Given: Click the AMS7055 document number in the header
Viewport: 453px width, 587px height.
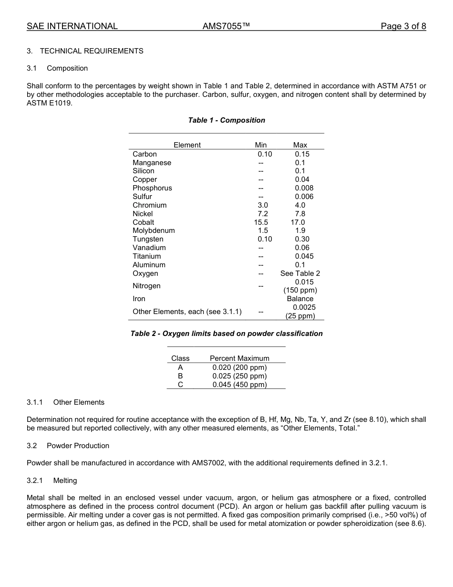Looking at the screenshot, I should [x=226, y=26].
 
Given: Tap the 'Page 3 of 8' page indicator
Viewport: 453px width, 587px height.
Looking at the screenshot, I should [x=403, y=26].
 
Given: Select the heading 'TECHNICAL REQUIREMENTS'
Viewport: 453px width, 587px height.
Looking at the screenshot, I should [x=92, y=51].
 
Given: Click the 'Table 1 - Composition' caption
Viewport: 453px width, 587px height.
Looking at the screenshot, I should [x=226, y=120].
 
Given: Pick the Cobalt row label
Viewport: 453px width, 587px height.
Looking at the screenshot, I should [x=144, y=222].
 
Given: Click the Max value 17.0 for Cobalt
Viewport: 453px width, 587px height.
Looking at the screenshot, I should [x=298, y=222].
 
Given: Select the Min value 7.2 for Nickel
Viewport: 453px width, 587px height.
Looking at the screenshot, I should [x=262, y=214].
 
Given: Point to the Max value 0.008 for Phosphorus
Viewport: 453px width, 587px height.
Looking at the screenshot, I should [x=304, y=188].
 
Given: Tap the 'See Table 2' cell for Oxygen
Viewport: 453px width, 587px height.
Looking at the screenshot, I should [x=300, y=273].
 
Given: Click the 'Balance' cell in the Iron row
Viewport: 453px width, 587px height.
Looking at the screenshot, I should [x=300, y=299].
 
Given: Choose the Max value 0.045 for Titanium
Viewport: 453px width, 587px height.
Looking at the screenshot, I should [x=304, y=256].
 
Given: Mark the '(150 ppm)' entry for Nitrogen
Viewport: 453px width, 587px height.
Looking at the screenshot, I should [x=300, y=290].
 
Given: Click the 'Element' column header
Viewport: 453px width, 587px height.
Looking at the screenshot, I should [x=187, y=145].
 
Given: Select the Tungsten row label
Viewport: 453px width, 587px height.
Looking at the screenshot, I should [x=148, y=239].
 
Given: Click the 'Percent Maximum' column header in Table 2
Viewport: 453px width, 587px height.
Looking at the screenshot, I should [x=239, y=358].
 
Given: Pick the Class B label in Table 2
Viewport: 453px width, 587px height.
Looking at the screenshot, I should [x=180, y=376].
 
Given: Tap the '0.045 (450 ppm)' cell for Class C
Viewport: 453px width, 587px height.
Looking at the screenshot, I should [x=239, y=385].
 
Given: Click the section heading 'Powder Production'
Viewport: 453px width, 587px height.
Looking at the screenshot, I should [x=78, y=446].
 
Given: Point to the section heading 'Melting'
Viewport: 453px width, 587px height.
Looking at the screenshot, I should [x=65, y=481].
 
